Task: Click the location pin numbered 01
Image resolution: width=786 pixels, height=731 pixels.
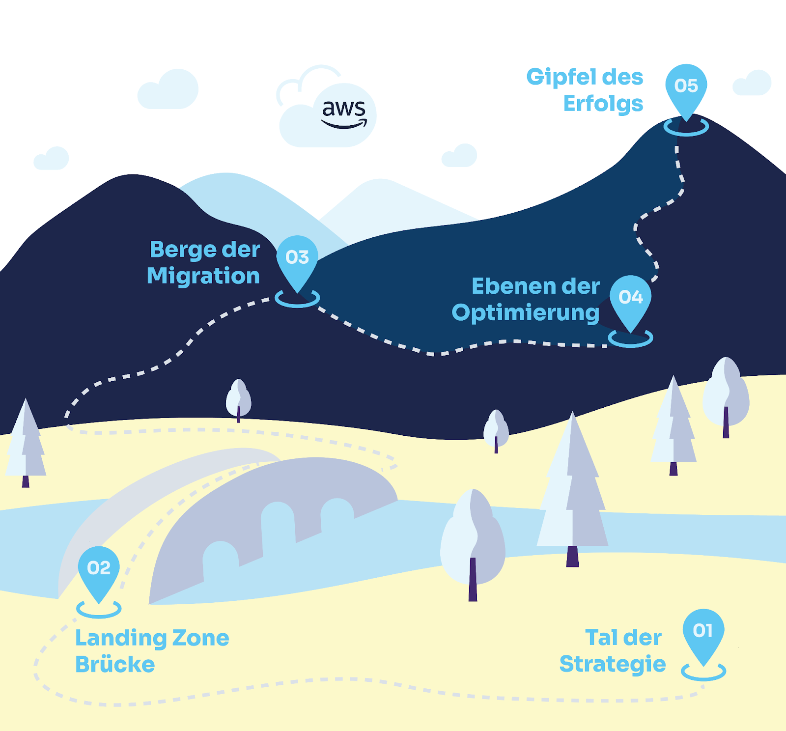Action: point(703,633)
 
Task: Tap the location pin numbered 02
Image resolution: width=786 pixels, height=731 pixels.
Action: point(99,570)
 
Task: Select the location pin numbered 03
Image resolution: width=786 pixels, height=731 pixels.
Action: point(297,258)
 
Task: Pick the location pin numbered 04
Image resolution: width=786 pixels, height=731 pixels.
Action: point(630,298)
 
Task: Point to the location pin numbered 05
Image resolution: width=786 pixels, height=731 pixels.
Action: point(686,87)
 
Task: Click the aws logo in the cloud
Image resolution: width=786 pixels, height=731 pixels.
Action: point(344,113)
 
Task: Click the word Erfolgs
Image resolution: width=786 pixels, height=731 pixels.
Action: point(603,104)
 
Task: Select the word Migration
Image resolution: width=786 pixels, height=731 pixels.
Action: point(203,276)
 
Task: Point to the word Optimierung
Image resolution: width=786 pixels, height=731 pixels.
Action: point(525,313)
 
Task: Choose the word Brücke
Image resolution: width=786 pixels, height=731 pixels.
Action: point(115,664)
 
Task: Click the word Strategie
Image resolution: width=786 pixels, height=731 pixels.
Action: point(612,664)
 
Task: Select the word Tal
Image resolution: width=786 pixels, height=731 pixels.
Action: point(601,638)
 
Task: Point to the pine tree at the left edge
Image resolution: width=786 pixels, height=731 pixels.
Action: point(26,442)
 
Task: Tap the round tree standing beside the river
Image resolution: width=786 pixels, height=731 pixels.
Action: point(473,540)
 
